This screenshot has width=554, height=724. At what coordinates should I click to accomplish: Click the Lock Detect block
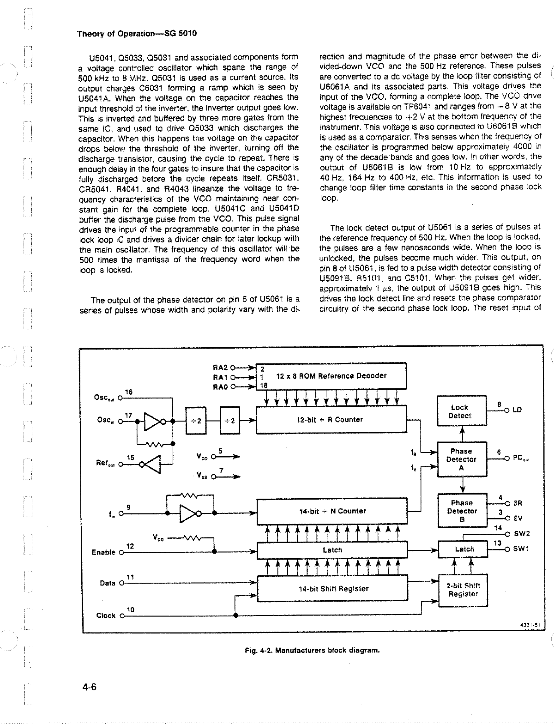[x=461, y=411]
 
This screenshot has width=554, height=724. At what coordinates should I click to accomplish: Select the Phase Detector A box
[x=461, y=459]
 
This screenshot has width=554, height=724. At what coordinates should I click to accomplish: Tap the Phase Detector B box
[x=462, y=511]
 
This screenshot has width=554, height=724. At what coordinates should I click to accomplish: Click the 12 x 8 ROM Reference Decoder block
[x=331, y=376]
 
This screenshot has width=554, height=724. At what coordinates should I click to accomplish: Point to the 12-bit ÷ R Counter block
[x=331, y=420]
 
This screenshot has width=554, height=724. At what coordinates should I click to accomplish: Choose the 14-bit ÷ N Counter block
[x=332, y=511]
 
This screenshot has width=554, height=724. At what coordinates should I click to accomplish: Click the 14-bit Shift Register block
[x=332, y=589]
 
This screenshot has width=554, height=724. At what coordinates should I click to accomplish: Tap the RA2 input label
[x=220, y=368]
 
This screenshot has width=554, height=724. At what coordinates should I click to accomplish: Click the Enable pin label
[x=103, y=552]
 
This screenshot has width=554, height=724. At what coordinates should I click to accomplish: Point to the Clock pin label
[x=106, y=615]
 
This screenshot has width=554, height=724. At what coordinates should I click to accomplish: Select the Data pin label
[x=108, y=583]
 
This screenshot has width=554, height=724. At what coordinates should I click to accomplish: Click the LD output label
[x=517, y=410]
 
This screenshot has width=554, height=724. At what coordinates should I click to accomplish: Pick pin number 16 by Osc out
[x=129, y=392]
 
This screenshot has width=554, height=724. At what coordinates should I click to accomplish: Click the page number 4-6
[x=87, y=687]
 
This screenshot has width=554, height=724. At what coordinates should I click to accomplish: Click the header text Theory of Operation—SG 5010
[x=137, y=34]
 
